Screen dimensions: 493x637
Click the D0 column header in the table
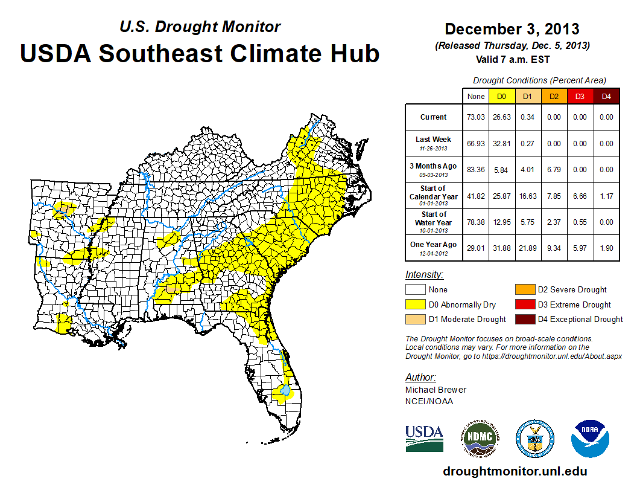[x=501, y=96]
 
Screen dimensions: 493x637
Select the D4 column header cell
[x=606, y=96]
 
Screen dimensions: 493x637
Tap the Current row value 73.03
[x=475, y=117]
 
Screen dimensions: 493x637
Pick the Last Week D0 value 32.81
[x=501, y=144]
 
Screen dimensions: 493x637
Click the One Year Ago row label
[x=434, y=247]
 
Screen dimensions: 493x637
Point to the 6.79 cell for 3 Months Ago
[x=553, y=170]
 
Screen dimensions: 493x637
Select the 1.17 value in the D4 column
[x=606, y=196]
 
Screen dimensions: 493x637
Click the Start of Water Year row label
[x=434, y=222]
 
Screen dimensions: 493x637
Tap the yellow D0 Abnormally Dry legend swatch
[x=416, y=304]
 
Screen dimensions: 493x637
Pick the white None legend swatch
[x=416, y=290]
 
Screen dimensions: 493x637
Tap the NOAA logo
[x=589, y=439]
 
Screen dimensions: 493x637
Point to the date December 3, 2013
[x=512, y=29]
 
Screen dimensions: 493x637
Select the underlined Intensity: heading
[x=424, y=275]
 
